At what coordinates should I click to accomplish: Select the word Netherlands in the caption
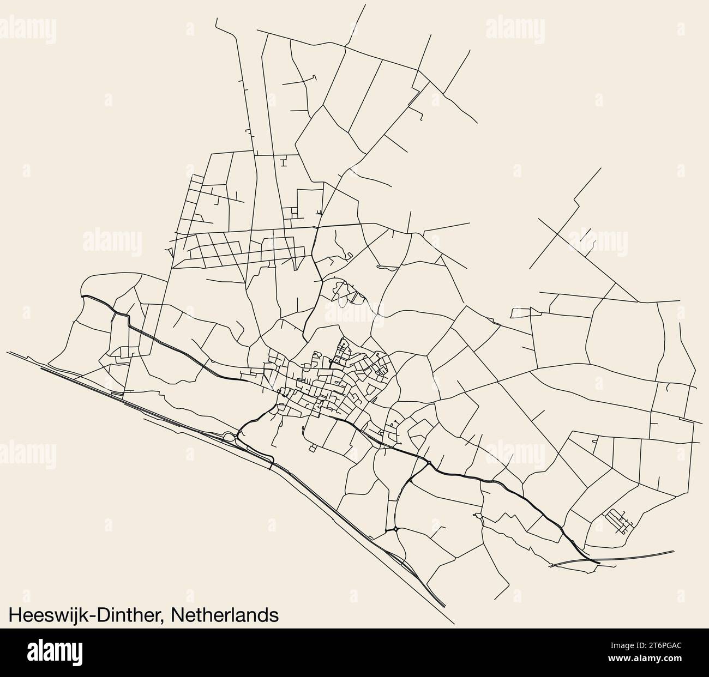225,615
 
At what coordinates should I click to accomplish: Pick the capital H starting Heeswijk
15,615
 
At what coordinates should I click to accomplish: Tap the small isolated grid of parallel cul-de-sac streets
618,520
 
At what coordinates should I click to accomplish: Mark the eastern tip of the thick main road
598,562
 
